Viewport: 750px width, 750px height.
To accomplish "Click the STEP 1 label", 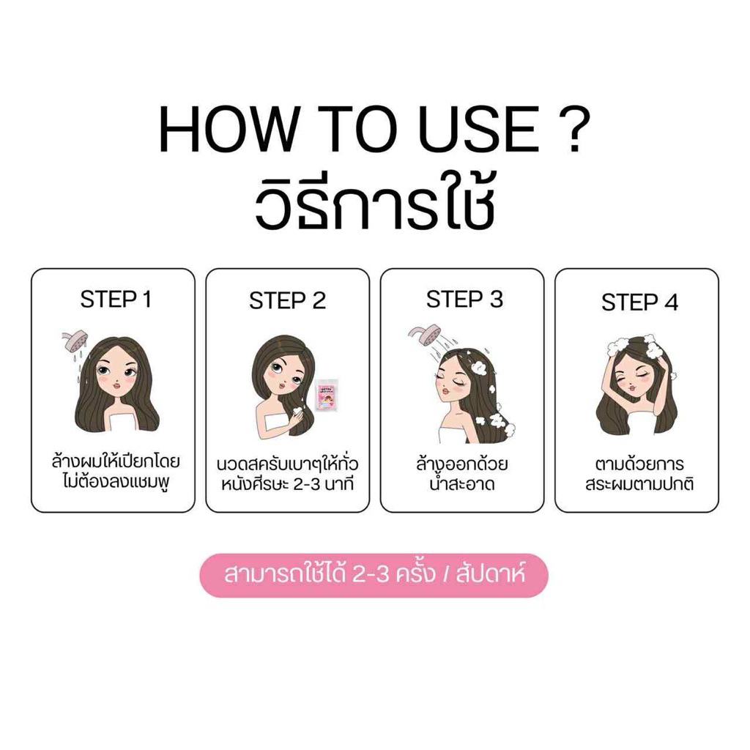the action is tap(116, 300).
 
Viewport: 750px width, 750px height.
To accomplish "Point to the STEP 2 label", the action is tap(287, 301).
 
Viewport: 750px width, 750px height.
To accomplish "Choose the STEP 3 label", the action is tap(464, 300).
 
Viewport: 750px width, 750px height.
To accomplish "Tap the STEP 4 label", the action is tap(639, 302).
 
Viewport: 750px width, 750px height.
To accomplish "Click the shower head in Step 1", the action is tap(74, 341).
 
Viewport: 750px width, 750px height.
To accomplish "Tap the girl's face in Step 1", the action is tap(116, 371).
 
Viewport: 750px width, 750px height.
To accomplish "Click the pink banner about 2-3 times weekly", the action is tap(374, 576).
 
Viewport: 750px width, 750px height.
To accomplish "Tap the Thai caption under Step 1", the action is tap(115, 472).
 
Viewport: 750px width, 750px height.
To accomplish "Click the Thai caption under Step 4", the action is tap(639, 474).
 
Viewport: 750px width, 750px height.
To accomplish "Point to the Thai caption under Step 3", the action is tap(461, 474).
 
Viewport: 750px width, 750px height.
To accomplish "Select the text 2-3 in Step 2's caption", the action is tap(306, 484).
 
